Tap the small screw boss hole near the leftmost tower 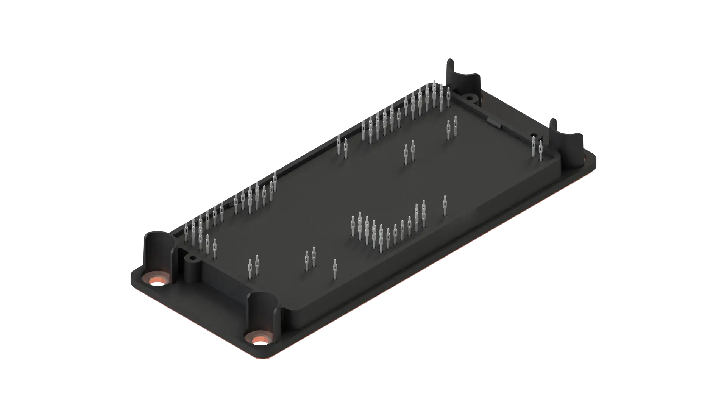192,258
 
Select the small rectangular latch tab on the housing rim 493,122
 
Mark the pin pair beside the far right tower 537,148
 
